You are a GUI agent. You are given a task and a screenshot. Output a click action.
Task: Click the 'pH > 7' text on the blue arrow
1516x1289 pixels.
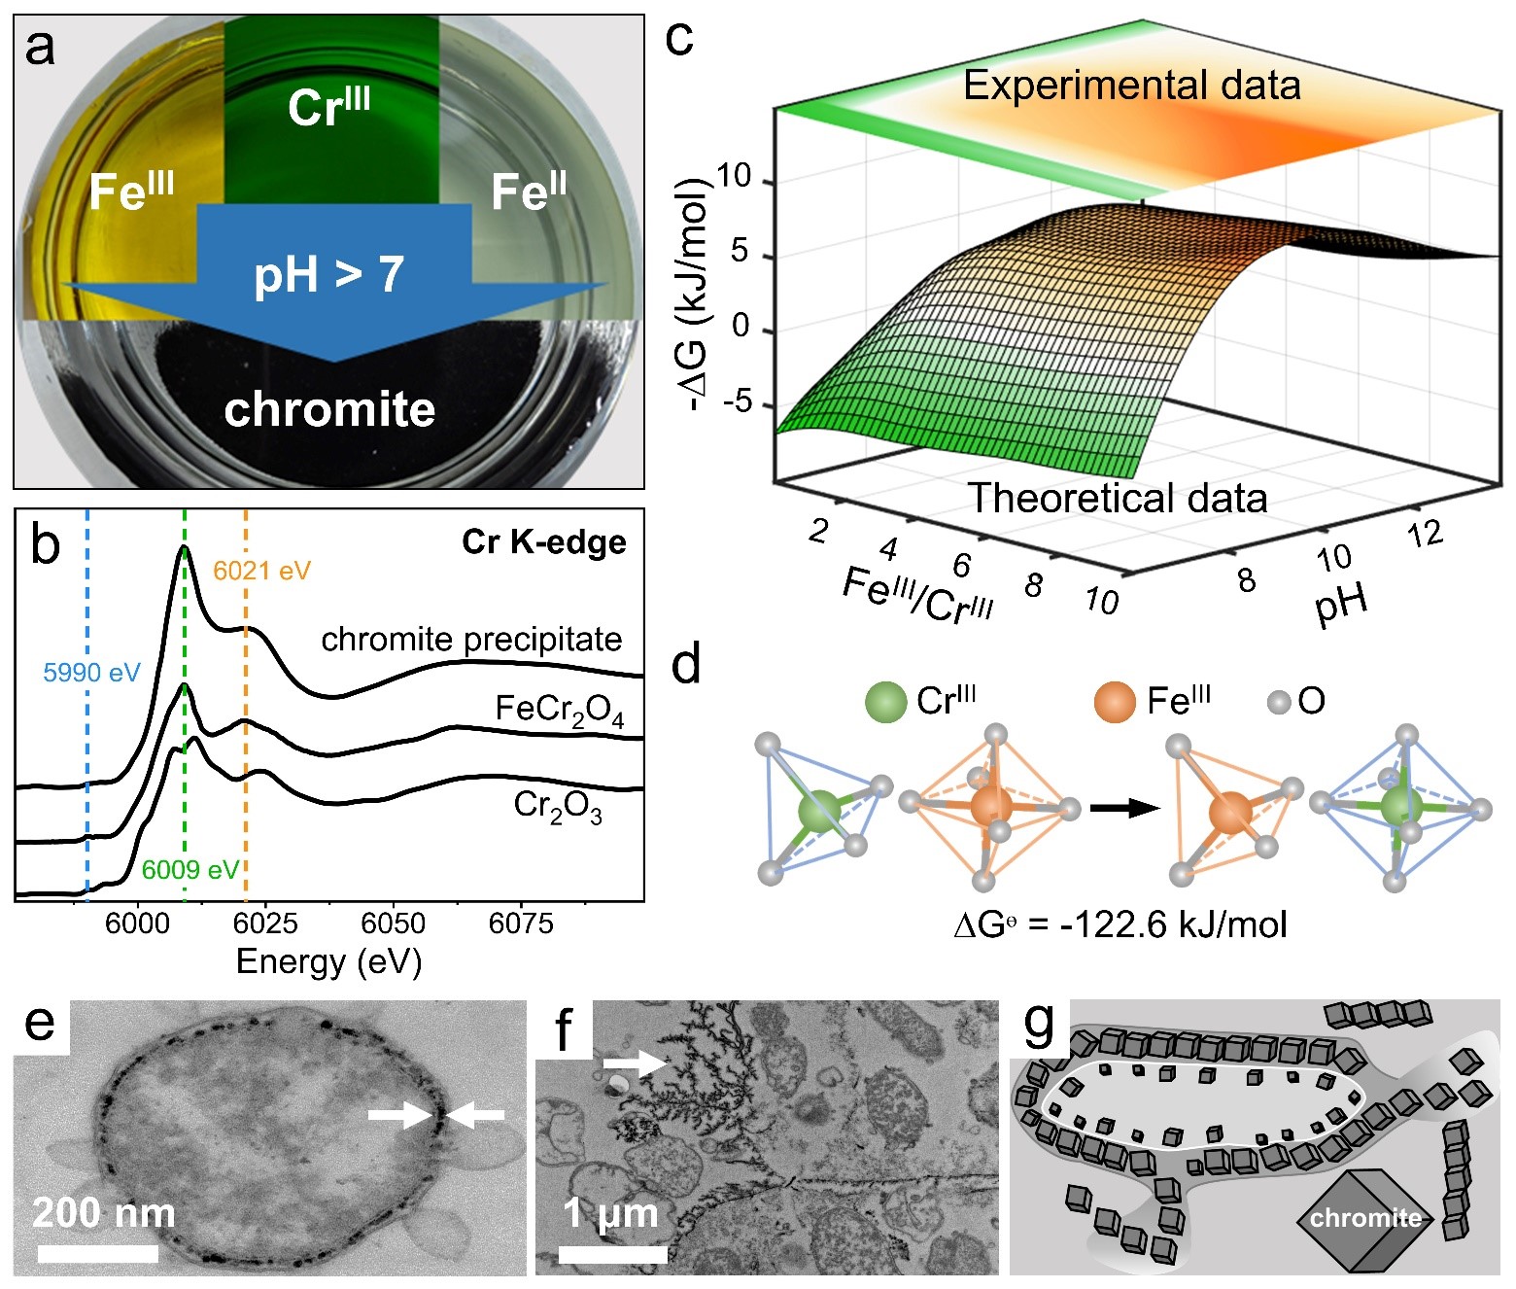coord(328,274)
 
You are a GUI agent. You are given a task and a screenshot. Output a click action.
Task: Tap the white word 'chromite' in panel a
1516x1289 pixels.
coord(329,409)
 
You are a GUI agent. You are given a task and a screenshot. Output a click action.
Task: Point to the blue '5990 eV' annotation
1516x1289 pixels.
coord(91,672)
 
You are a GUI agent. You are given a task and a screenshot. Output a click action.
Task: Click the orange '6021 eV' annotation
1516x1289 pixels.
coord(261,571)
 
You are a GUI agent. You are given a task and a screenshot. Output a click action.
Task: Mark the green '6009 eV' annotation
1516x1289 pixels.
coord(189,869)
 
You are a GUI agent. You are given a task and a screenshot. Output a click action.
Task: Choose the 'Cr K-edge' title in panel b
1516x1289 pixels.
coord(543,541)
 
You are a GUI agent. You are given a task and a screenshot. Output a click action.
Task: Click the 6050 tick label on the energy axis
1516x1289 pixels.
coord(393,923)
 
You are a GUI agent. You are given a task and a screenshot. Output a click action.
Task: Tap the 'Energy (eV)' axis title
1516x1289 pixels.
coord(328,961)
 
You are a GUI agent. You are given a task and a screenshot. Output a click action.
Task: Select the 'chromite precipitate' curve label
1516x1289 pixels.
coord(471,639)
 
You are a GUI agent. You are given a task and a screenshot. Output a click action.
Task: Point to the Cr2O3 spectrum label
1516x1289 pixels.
coord(558,807)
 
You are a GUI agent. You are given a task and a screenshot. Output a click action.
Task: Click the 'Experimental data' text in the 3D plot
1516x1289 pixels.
coord(1131,86)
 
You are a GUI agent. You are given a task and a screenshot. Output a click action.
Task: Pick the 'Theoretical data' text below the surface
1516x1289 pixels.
coord(1118,498)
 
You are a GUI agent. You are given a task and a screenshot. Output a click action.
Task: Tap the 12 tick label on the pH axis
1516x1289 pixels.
coord(1425,534)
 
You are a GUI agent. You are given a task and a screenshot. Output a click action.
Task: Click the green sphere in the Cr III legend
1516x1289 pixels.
coord(885,701)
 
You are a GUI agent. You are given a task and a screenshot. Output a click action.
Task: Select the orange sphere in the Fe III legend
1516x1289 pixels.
coord(1114,701)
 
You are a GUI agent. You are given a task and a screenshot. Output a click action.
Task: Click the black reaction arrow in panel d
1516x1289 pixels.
coord(1124,808)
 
